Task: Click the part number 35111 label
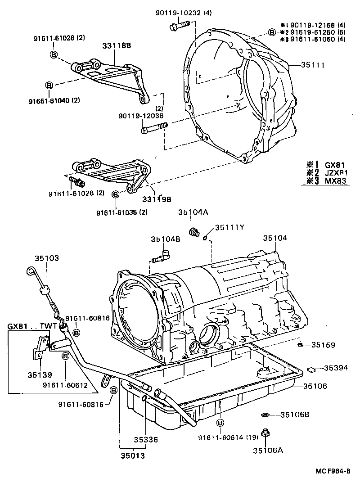tap(314, 65)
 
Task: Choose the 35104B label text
tap(165, 239)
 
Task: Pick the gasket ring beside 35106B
tap(265, 414)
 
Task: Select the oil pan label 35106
tap(315, 386)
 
